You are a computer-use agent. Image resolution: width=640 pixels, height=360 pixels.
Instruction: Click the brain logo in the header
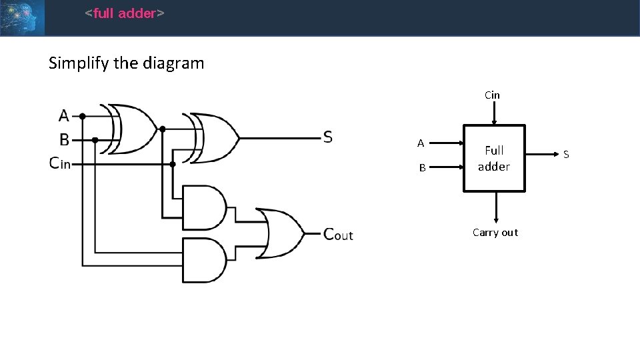click(22, 17)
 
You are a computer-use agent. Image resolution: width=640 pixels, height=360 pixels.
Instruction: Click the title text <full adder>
click(124, 13)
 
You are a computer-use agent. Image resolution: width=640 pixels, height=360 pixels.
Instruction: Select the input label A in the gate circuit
click(64, 116)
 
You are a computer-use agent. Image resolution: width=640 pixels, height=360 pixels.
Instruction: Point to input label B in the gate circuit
click(64, 140)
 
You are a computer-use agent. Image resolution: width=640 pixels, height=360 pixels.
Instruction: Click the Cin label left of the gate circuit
click(60, 163)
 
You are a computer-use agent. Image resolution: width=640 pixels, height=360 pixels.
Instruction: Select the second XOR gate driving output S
click(215, 138)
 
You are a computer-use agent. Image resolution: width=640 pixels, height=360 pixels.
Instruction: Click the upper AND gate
click(205, 207)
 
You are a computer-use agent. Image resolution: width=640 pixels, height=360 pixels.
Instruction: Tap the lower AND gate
click(205, 259)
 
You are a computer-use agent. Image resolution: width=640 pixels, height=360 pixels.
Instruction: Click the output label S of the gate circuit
click(327, 137)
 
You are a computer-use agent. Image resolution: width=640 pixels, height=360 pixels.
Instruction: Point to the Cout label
click(337, 234)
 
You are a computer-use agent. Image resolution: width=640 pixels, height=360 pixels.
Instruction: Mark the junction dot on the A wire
click(82, 116)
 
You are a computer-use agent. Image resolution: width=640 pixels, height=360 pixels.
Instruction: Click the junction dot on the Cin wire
click(173, 163)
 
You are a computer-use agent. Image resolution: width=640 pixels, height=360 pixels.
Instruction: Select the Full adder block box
click(494, 159)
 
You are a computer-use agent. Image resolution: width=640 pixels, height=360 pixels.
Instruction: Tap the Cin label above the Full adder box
click(492, 95)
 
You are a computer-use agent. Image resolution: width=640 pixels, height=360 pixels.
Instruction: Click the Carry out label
click(495, 233)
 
